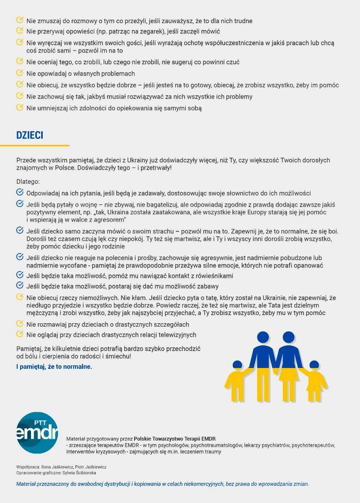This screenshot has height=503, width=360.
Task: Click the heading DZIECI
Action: pyautogui.click(x=29, y=135)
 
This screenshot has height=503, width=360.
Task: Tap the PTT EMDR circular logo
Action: pyautogui.click(x=37, y=433)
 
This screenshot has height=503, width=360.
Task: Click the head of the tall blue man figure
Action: pyautogui.click(x=263, y=337)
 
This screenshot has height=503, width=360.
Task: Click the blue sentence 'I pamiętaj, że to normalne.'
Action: pyautogui.click(x=54, y=366)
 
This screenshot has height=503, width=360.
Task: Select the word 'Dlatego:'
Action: pyautogui.click(x=28, y=181)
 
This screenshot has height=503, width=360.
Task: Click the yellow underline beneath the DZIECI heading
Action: pyautogui.click(x=34, y=145)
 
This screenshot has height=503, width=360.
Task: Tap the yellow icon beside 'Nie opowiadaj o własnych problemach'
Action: pyautogui.click(x=20, y=73)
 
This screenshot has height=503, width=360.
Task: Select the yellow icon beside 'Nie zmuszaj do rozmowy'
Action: pyautogui.click(x=20, y=21)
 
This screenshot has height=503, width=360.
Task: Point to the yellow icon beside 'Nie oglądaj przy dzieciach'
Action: pyautogui.click(x=20, y=335)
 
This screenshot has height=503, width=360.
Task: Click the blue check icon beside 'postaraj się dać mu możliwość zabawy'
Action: pyautogui.click(x=20, y=286)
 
